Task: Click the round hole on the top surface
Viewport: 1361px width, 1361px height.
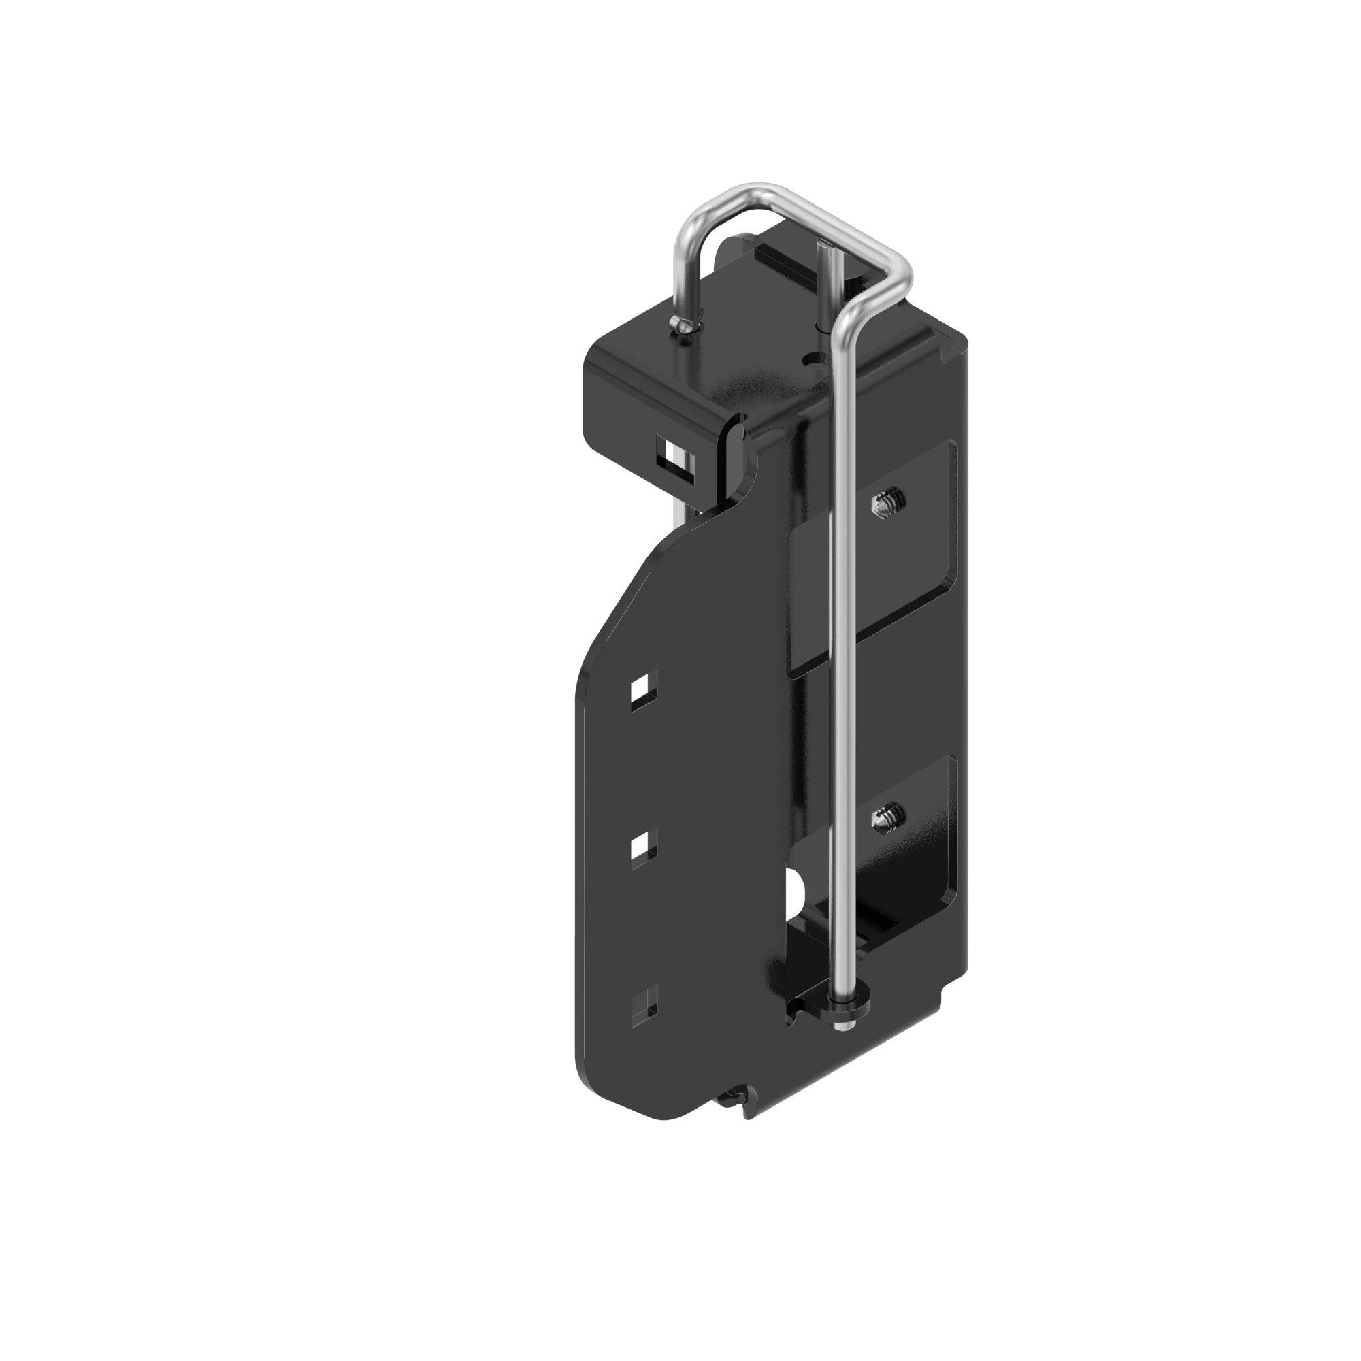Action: (815, 359)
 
